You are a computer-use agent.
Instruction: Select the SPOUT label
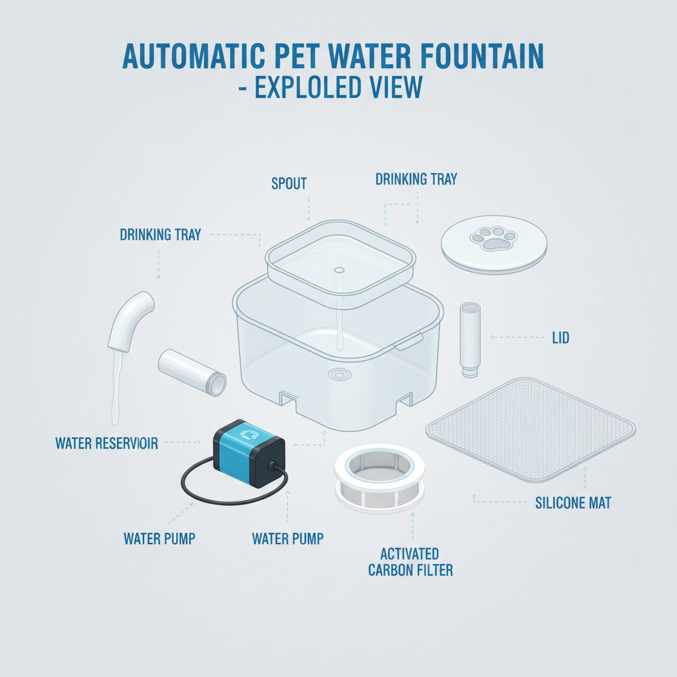pyautogui.click(x=289, y=184)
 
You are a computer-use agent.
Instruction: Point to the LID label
pyautogui.click(x=561, y=338)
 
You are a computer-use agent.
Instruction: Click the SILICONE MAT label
pyautogui.click(x=573, y=503)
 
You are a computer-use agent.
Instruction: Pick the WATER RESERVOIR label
pyautogui.click(x=106, y=444)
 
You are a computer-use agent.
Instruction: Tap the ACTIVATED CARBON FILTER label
pyautogui.click(x=410, y=562)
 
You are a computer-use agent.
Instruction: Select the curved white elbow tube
pyautogui.click(x=130, y=321)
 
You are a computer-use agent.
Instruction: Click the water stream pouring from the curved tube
pyautogui.click(x=116, y=386)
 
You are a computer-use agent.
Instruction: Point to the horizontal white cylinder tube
pyautogui.click(x=192, y=372)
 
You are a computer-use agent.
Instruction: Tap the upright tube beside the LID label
pyautogui.click(x=470, y=339)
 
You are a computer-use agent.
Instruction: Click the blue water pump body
pyautogui.click(x=249, y=453)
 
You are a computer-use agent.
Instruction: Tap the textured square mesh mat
pyautogui.click(x=531, y=429)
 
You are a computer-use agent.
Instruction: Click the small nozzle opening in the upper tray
pyautogui.click(x=339, y=270)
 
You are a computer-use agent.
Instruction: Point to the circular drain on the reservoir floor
pyautogui.click(x=339, y=374)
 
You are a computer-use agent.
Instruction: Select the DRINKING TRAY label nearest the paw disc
pyautogui.click(x=417, y=179)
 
